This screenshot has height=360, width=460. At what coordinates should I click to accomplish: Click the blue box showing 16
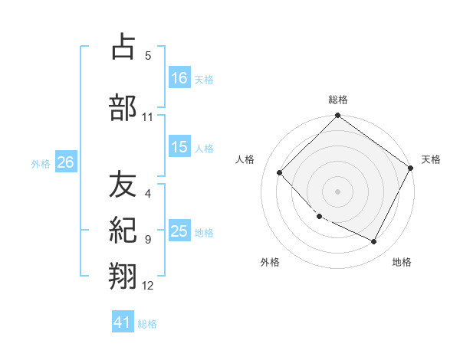click(179, 77)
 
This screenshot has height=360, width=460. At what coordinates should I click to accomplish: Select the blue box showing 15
click(179, 147)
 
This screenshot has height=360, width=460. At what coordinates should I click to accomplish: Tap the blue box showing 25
click(179, 231)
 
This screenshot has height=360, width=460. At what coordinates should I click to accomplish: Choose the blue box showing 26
click(65, 162)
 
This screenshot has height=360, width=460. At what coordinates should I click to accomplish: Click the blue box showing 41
click(123, 322)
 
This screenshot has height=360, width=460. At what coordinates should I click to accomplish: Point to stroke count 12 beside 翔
click(148, 286)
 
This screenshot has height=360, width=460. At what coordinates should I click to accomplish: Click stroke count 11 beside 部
click(148, 117)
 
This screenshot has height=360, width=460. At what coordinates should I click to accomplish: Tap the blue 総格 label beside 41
click(147, 324)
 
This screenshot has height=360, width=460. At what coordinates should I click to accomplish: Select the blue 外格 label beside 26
click(41, 163)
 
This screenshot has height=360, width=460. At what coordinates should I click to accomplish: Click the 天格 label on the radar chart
click(431, 159)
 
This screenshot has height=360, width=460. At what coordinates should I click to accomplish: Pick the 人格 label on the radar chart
click(245, 159)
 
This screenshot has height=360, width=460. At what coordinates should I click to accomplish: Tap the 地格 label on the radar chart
click(402, 262)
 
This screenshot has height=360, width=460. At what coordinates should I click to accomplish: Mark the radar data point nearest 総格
click(337, 116)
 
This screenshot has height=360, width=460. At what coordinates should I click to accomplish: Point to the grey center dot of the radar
click(337, 191)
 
